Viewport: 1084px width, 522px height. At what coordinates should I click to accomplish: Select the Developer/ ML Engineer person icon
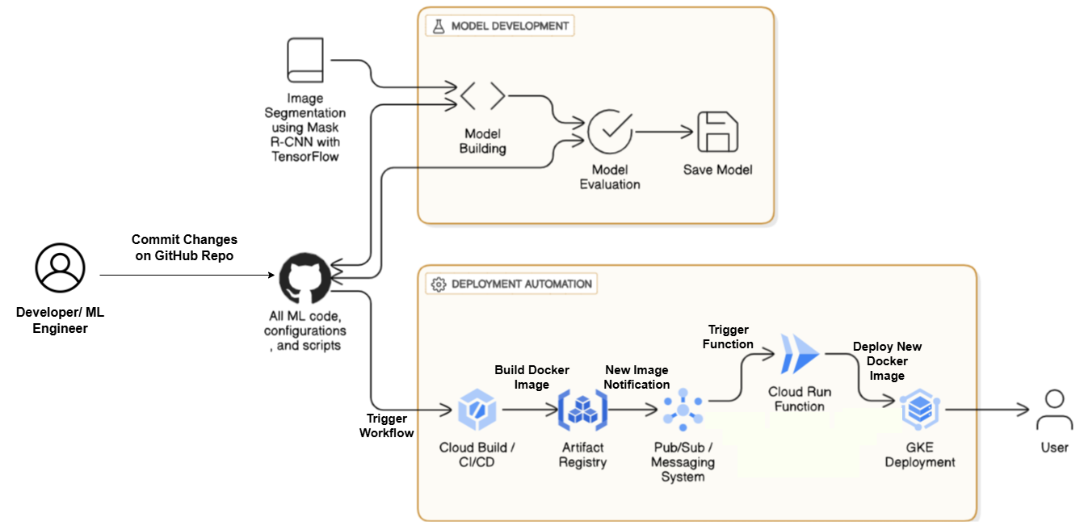[60, 269]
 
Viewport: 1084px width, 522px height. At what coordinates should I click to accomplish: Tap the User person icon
[1054, 410]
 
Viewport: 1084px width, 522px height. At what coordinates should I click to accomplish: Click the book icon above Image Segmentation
[305, 62]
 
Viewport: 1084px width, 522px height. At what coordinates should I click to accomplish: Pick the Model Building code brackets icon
[482, 96]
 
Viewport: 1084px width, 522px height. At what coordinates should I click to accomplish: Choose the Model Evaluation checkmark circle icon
[610, 131]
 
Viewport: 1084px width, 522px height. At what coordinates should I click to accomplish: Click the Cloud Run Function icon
[799, 354]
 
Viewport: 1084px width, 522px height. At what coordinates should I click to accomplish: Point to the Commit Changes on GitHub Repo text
[185, 247]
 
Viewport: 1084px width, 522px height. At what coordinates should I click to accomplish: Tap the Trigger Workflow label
[387, 426]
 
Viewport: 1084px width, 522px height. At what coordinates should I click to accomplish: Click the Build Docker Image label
[531, 377]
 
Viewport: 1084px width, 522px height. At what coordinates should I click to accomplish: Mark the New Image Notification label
[637, 377]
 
